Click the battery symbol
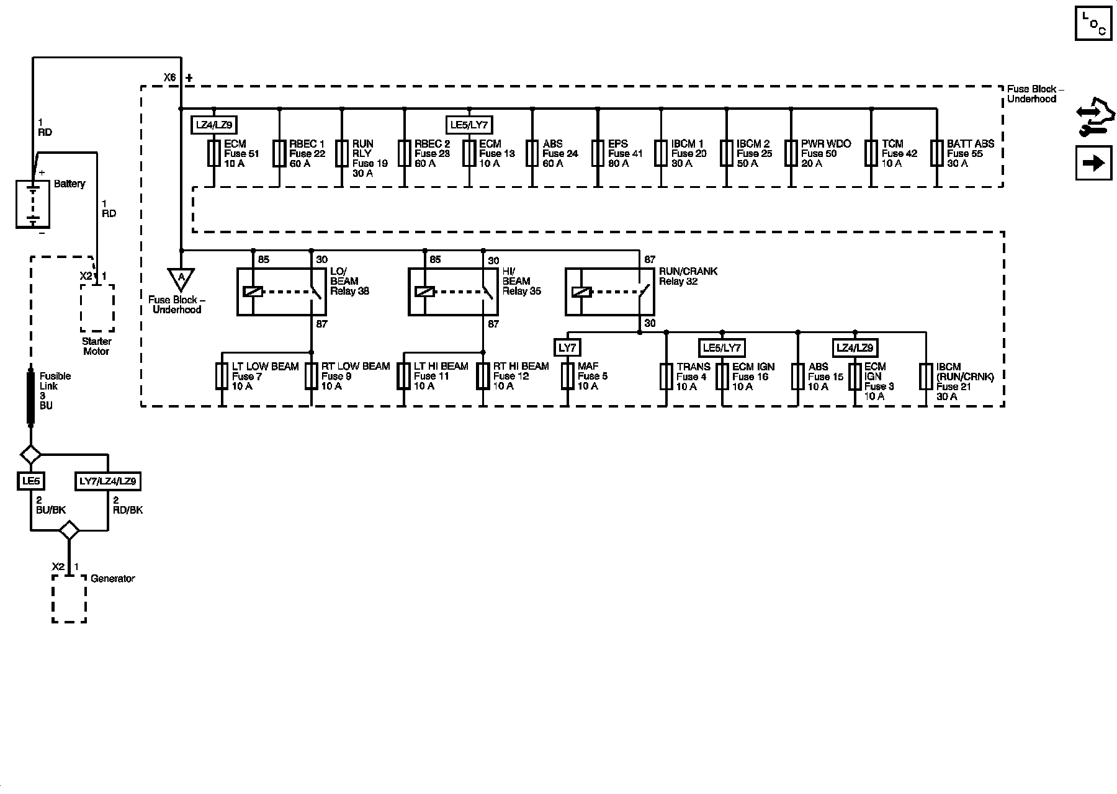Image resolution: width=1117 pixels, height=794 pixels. [x=33, y=205]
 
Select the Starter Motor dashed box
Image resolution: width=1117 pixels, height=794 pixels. [x=97, y=308]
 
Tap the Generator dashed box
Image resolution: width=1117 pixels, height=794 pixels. [x=69, y=599]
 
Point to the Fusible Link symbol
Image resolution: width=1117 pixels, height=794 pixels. [x=30, y=398]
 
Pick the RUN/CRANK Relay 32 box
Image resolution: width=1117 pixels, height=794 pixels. [x=612, y=292]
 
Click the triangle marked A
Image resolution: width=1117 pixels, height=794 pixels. [x=181, y=279]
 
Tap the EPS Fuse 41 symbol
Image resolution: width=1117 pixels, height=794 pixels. [x=598, y=153]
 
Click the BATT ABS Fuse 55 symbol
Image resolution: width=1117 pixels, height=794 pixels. [x=936, y=153]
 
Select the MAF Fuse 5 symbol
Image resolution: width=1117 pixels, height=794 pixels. [x=568, y=376]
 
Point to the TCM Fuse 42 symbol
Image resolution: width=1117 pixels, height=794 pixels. [x=871, y=153]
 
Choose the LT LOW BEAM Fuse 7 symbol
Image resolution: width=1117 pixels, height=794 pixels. [x=222, y=376]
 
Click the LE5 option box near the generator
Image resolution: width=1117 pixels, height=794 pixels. [x=30, y=481]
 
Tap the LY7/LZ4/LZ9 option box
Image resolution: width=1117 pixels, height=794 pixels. [x=108, y=481]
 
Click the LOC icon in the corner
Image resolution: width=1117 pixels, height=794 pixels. [x=1093, y=24]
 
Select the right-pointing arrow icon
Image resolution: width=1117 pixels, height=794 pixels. [x=1093, y=163]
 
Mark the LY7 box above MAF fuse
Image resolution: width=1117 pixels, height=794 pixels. [x=568, y=348]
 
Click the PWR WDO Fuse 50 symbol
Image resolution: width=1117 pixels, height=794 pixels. [x=791, y=153]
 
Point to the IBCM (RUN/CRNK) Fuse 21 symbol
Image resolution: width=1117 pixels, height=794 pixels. [x=926, y=376]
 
